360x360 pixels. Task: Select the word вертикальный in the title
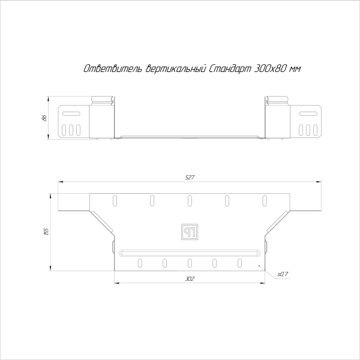(176, 70)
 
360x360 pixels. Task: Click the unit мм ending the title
(295, 70)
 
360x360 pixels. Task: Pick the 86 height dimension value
(44, 118)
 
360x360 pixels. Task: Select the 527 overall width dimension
(190, 178)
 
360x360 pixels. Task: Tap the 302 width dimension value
(190, 279)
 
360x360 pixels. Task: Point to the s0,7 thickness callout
(283, 274)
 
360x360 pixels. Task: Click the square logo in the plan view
(190, 230)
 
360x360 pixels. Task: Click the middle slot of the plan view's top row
(190, 200)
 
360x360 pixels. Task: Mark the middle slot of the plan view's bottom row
(190, 263)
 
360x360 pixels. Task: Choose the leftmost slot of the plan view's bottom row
(140, 263)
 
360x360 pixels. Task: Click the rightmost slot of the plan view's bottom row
(239, 263)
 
